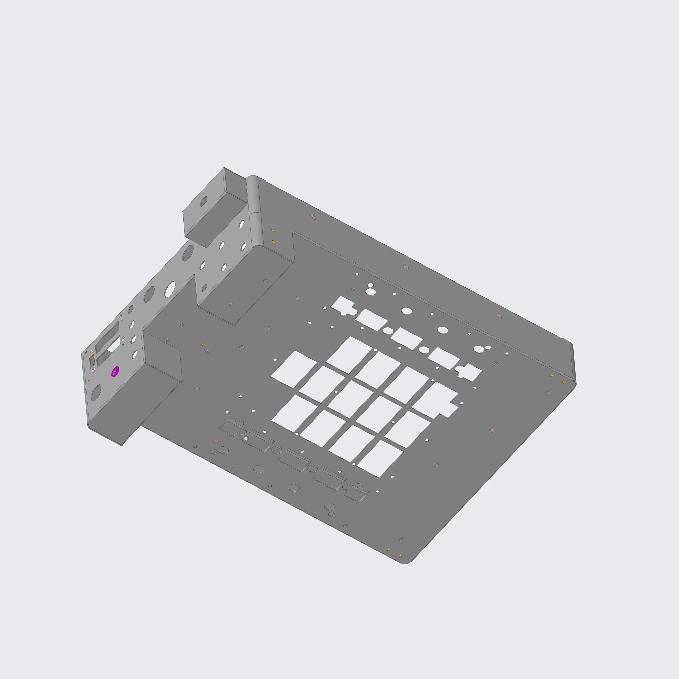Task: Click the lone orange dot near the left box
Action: pyautogui.click(x=202, y=344)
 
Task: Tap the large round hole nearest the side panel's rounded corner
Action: pyautogui.click(x=96, y=393)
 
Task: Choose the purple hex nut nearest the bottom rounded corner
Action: pyautogui.click(x=402, y=540)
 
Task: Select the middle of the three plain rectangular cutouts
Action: pyautogui.click(x=406, y=339)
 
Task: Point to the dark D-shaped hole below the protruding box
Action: pyautogui.click(x=188, y=253)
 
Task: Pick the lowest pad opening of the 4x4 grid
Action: pyautogui.click(x=380, y=459)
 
